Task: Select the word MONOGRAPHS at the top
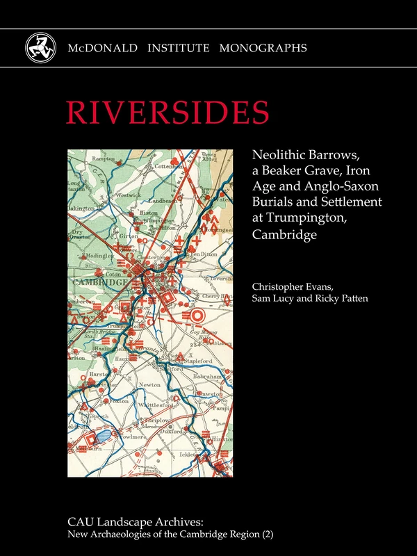tap(263, 48)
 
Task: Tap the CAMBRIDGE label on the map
tap(99, 283)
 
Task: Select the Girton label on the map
tap(129, 236)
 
